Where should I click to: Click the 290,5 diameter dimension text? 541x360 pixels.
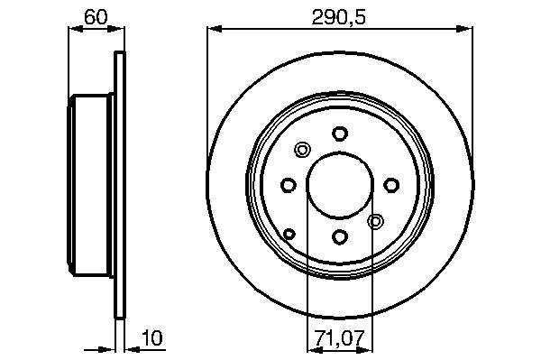tap(338, 17)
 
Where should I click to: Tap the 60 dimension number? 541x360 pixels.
tap(96, 17)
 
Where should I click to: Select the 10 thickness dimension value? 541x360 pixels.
tap(152, 338)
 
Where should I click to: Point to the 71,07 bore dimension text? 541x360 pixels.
tap(339, 338)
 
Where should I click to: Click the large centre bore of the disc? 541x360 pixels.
tap(340, 185)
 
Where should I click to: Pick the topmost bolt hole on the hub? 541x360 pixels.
tap(340, 134)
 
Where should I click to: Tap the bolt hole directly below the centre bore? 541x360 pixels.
tap(340, 236)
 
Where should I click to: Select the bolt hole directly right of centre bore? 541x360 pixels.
tap(391, 185)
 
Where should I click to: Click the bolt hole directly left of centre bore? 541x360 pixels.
tap(289, 185)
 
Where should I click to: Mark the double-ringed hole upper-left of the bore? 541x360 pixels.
tap(303, 150)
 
